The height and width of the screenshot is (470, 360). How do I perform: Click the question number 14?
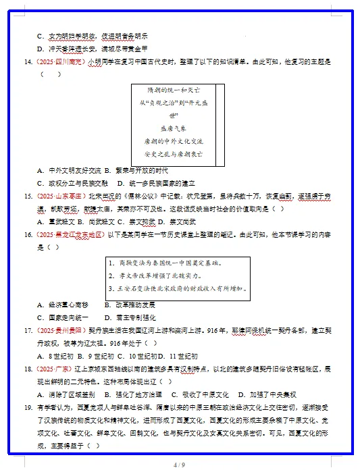click(x=28, y=61)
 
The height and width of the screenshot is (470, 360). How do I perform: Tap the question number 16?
click(x=28, y=234)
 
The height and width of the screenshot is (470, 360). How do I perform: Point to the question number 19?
click(x=28, y=407)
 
